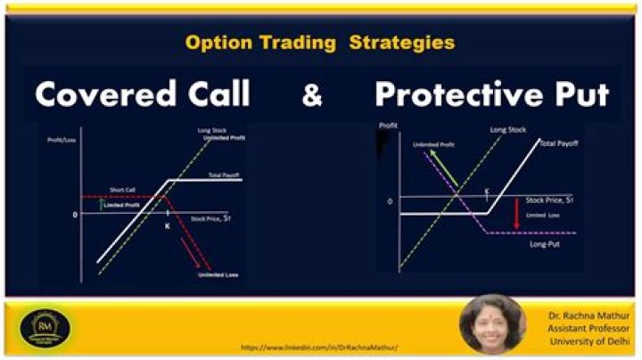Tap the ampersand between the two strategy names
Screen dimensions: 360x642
[312, 95]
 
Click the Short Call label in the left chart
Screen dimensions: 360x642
[122, 190]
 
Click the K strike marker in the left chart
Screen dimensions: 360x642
[167, 226]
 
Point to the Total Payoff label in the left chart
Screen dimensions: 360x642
[223, 176]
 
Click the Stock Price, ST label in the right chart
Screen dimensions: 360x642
[551, 201]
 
